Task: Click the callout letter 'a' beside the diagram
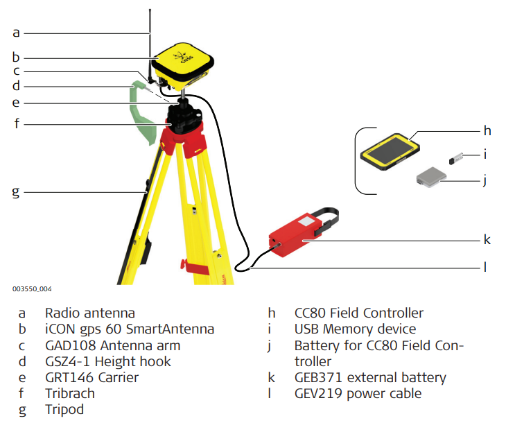(x=17, y=32)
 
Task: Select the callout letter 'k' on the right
(x=487, y=241)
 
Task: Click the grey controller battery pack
(x=431, y=178)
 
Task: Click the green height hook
(x=143, y=111)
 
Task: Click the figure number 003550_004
(x=31, y=288)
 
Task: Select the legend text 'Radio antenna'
(x=90, y=313)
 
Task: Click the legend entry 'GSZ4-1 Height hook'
(x=108, y=361)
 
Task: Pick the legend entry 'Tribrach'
(x=70, y=393)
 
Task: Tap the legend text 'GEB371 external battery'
(x=370, y=378)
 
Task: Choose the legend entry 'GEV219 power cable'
(x=358, y=394)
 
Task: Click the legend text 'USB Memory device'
(x=355, y=329)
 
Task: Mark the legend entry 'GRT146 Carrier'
(x=92, y=377)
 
